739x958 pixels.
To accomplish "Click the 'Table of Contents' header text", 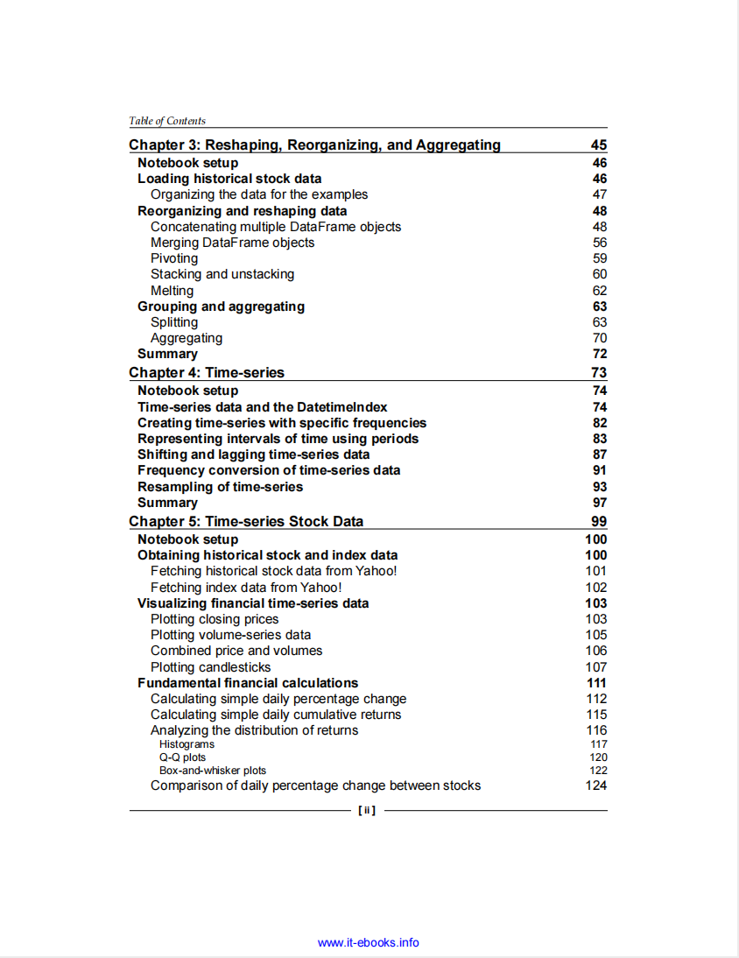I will [167, 121].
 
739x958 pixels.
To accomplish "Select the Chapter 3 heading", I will [314, 145].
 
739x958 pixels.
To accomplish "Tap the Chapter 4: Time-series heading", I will [207, 373].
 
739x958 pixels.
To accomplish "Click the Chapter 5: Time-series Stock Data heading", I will [246, 522].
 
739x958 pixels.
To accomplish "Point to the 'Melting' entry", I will [172, 291].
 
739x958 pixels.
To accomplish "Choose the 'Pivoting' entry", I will [174, 258].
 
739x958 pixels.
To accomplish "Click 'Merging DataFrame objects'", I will [232, 243].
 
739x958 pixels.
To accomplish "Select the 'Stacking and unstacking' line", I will [222, 274].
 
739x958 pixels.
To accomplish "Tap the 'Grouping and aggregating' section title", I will [221, 306].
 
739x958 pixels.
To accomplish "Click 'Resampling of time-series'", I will [220, 487].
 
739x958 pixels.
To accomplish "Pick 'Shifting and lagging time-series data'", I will [253, 454].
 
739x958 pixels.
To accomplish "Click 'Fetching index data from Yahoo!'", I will [246, 588].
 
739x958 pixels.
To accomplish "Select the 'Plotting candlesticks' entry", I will [210, 667].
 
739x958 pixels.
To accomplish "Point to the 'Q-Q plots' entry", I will [182, 757].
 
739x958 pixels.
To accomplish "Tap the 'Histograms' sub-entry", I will [187, 744].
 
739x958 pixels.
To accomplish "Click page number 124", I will [596, 785].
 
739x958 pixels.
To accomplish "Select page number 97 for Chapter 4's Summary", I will [600, 503].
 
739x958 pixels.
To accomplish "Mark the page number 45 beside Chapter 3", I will [599, 145].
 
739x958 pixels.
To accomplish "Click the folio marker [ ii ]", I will [367, 811].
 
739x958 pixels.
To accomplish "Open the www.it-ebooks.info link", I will [368, 943].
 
